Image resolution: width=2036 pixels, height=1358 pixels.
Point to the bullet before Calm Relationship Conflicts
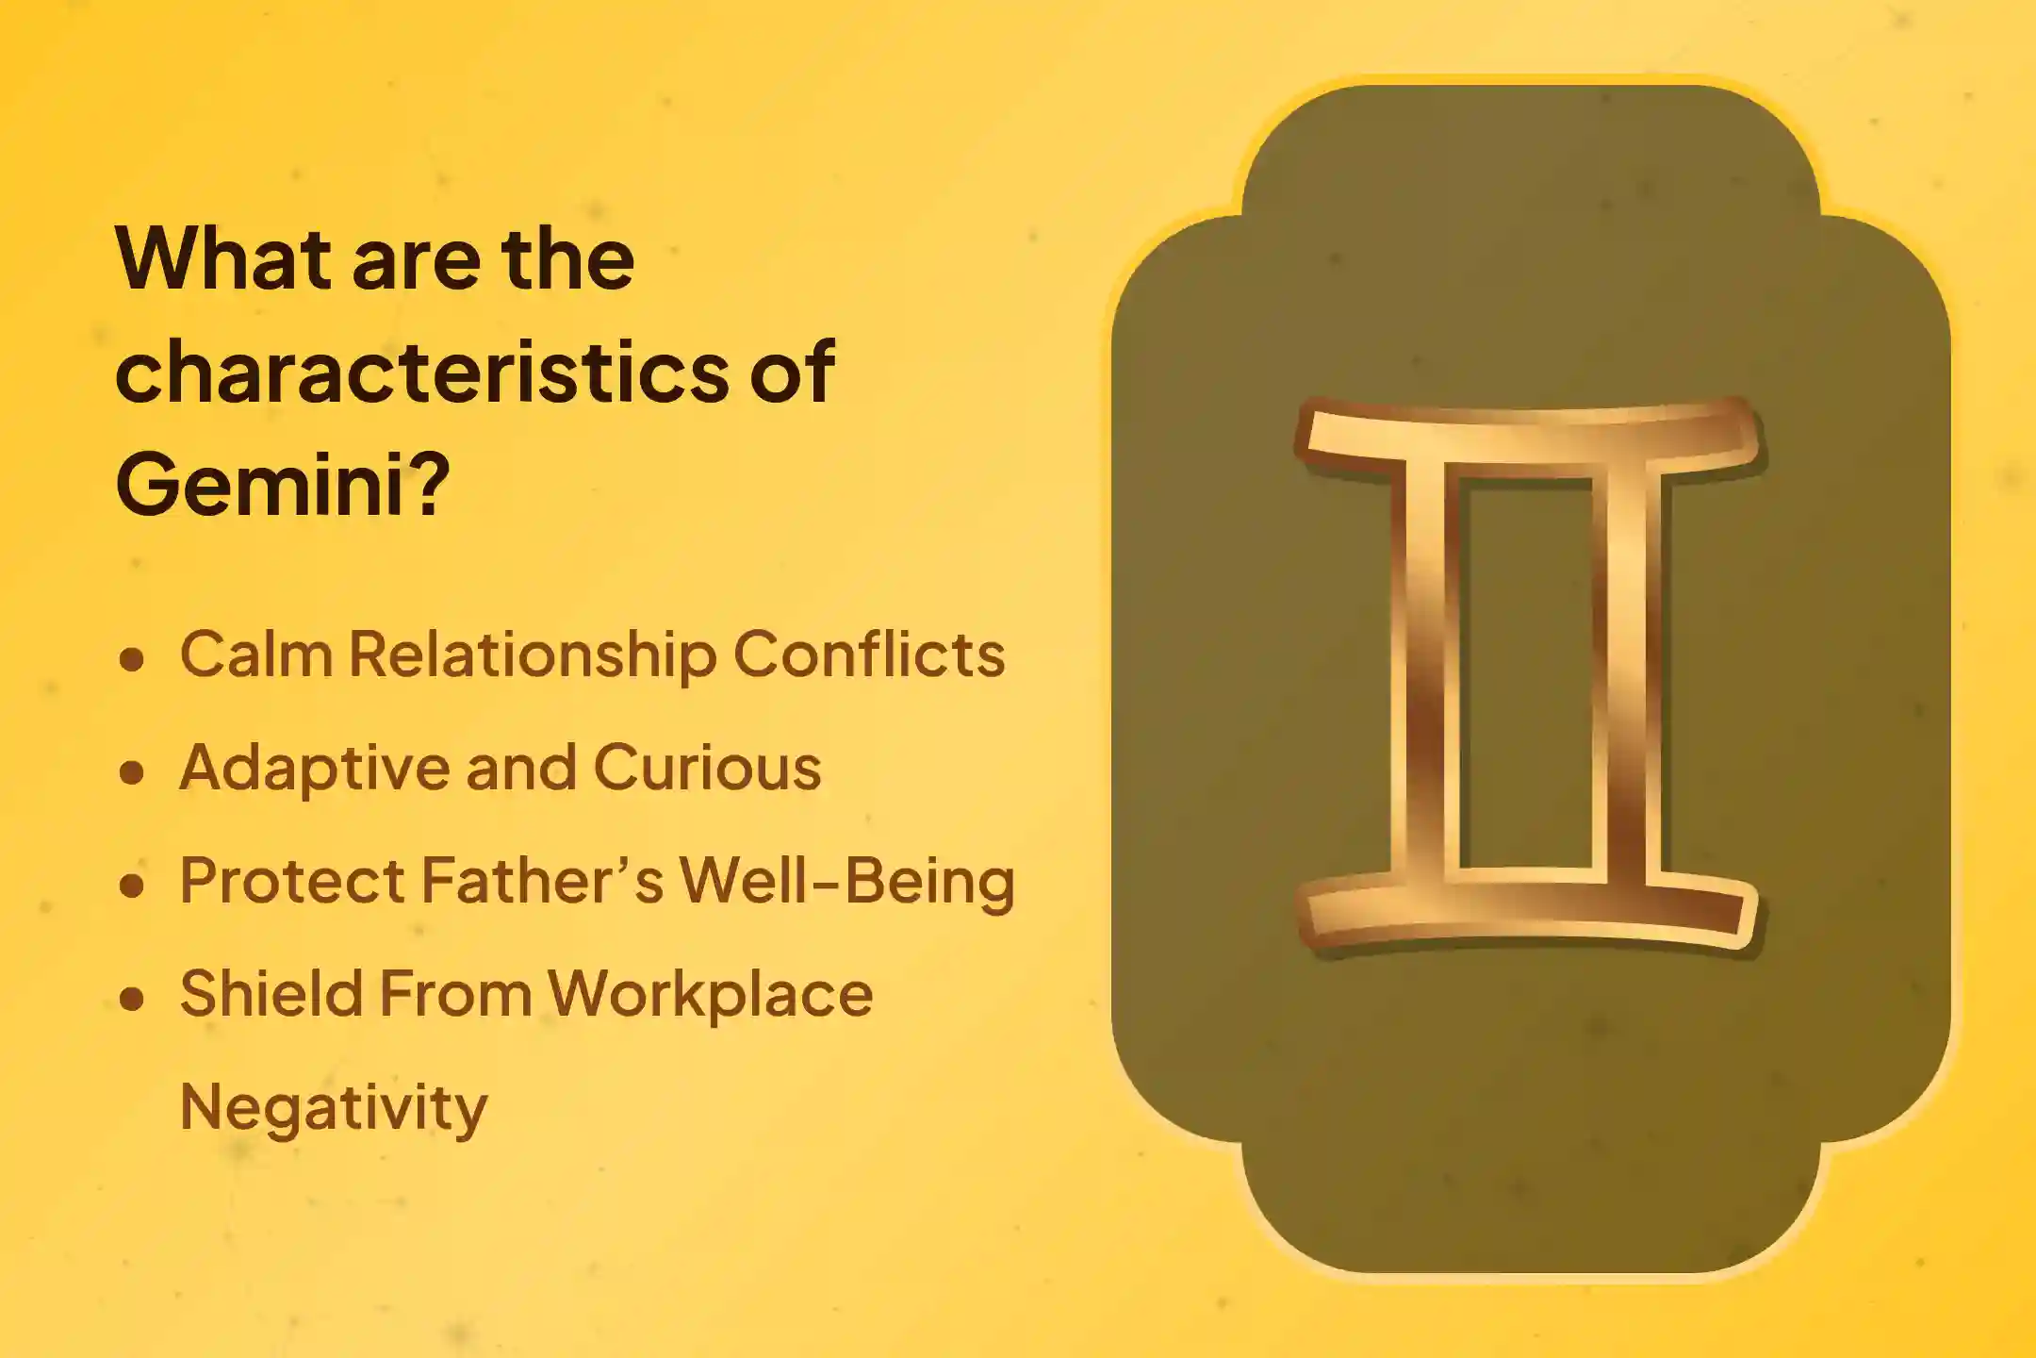coord(132,658)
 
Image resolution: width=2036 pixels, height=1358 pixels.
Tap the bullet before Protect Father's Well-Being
coord(132,885)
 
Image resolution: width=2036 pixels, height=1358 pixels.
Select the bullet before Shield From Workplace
coord(132,998)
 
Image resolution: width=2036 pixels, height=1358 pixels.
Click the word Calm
coord(255,654)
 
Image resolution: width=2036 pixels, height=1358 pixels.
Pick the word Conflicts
coord(868,654)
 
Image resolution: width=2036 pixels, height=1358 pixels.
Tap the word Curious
coord(707,768)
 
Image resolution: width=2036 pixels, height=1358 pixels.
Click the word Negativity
coord(334,1108)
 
